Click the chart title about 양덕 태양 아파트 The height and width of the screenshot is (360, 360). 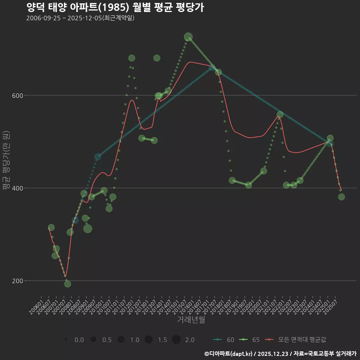click(x=115, y=7)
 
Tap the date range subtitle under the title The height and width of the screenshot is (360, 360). click(x=80, y=18)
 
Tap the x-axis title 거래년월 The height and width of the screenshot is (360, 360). click(x=191, y=320)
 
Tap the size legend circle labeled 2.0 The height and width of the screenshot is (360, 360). click(x=176, y=340)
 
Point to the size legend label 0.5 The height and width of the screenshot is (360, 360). click(x=107, y=340)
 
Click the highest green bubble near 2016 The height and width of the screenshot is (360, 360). click(x=188, y=37)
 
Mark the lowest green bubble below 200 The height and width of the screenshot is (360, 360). click(x=67, y=284)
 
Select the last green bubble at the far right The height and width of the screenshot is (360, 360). click(x=341, y=197)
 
